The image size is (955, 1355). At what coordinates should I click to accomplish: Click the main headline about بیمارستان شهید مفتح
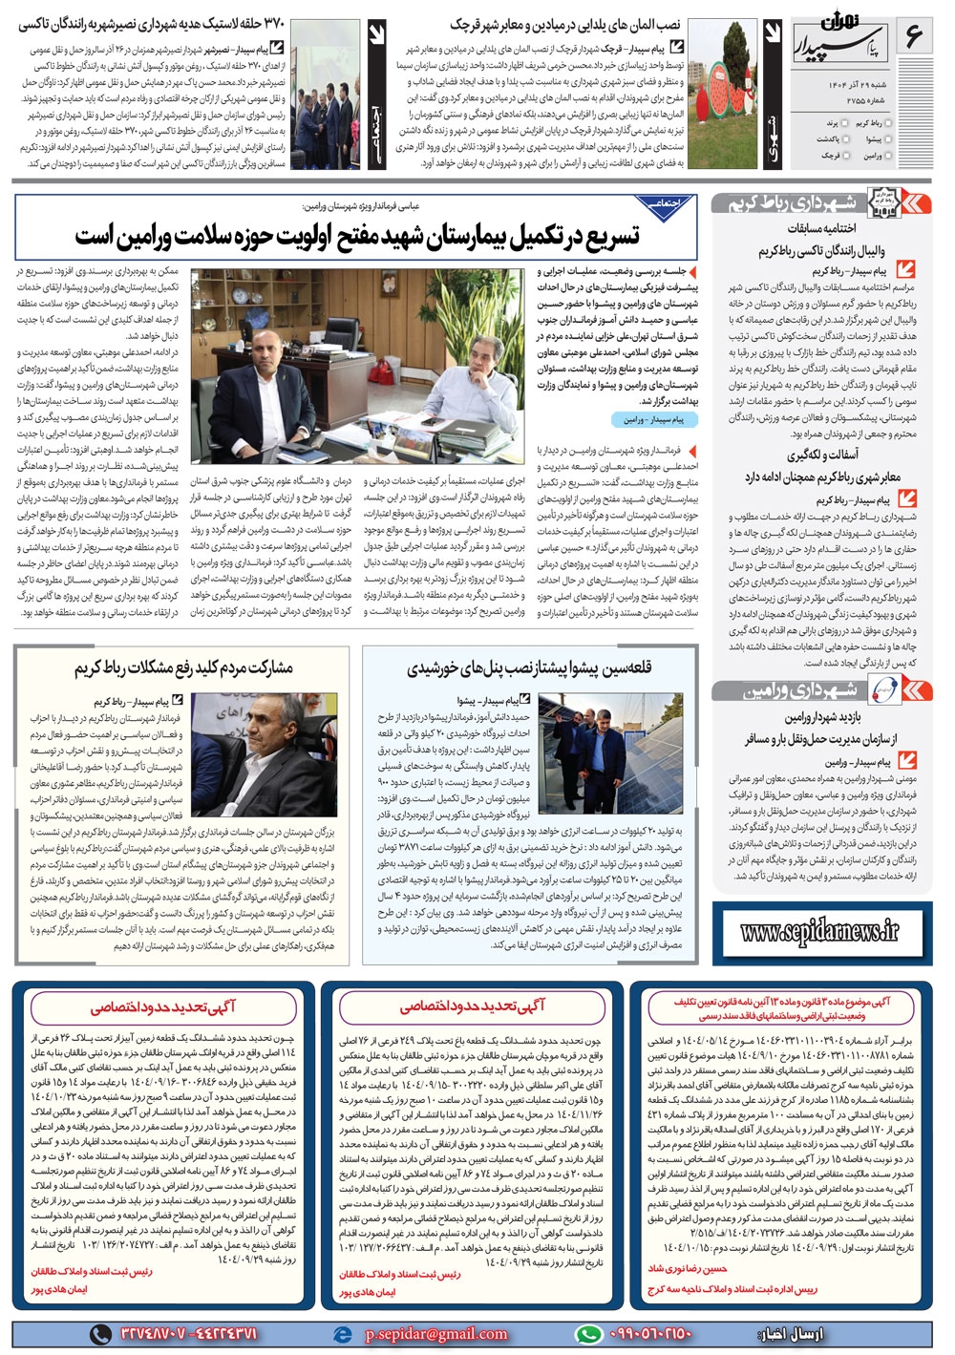pyautogui.click(x=357, y=235)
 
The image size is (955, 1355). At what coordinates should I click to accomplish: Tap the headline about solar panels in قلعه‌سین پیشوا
pyautogui.click(x=529, y=667)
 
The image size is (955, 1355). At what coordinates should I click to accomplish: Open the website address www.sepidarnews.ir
pyautogui.click(x=819, y=929)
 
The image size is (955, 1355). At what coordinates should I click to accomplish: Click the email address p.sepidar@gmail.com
pyautogui.click(x=435, y=1333)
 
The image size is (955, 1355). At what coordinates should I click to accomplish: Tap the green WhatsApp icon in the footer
pyautogui.click(x=588, y=1333)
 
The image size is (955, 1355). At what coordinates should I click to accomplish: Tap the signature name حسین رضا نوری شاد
pyautogui.click(x=688, y=1269)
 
